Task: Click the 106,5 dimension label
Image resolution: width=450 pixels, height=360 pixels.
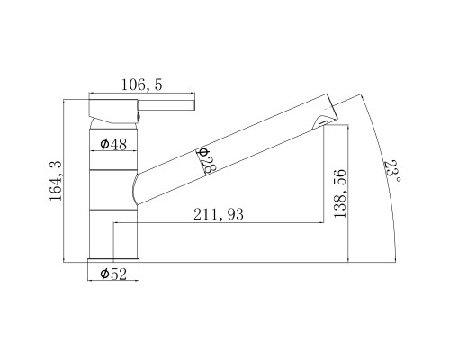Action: [x=141, y=85]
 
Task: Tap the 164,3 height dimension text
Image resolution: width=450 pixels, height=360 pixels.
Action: [x=56, y=181]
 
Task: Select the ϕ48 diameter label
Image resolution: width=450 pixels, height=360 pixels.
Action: [x=113, y=144]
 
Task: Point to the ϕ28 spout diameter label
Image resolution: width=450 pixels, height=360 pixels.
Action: [x=207, y=160]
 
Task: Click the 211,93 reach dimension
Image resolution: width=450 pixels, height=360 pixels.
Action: [x=219, y=214]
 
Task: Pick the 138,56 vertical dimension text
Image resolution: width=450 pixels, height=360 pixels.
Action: [x=340, y=193]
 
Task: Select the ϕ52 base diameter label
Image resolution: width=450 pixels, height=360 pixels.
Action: [x=113, y=274]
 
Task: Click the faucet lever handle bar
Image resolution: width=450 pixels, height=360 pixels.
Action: [x=166, y=105]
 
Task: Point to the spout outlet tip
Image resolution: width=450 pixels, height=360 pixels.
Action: [x=331, y=107]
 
